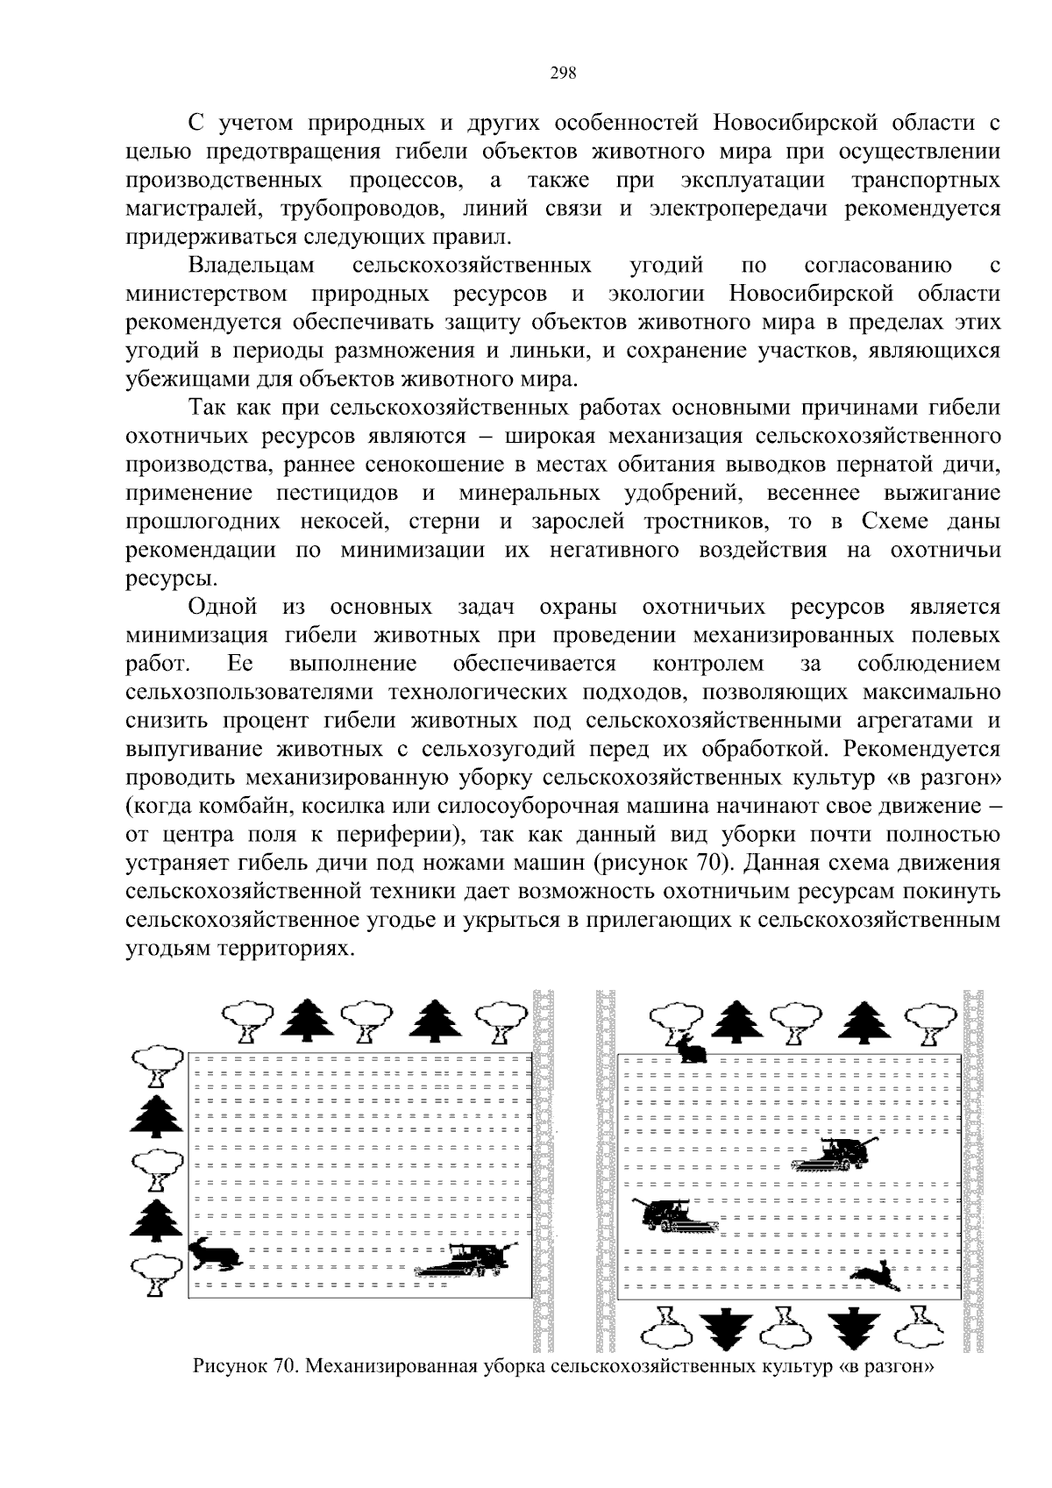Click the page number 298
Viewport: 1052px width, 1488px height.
tap(563, 74)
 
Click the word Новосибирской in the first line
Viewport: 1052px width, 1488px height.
tap(796, 123)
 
